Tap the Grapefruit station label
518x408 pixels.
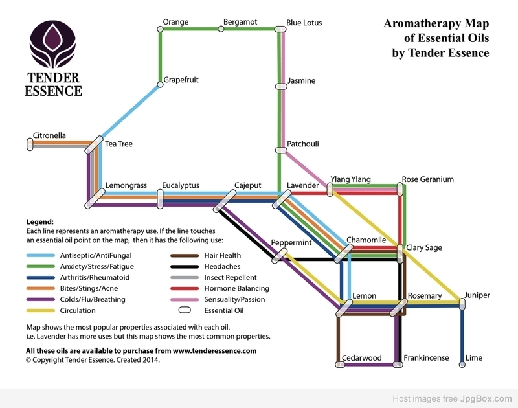(x=181, y=80)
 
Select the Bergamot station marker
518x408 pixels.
(x=221, y=29)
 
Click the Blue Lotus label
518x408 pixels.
(x=304, y=23)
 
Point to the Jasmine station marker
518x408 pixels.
(x=280, y=85)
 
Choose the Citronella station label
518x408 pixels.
(x=50, y=136)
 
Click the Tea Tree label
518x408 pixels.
(x=119, y=144)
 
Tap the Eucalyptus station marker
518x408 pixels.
(x=160, y=198)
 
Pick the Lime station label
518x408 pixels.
(x=475, y=357)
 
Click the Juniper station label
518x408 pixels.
(x=477, y=295)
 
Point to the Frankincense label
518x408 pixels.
(x=426, y=357)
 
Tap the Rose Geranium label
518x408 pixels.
(x=427, y=179)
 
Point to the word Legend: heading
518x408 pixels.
(x=39, y=221)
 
